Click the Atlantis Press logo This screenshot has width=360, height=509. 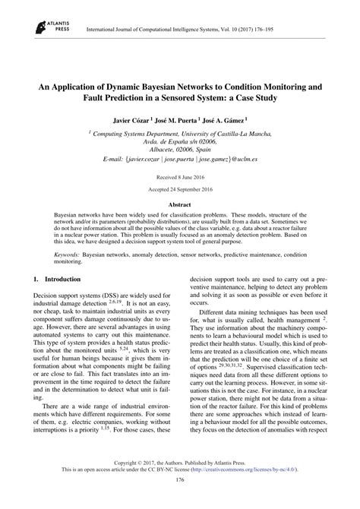(x=45, y=28)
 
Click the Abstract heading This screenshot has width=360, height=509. (x=179, y=206)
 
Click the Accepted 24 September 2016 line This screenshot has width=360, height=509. (x=179, y=188)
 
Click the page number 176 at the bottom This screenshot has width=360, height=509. (x=179, y=501)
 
